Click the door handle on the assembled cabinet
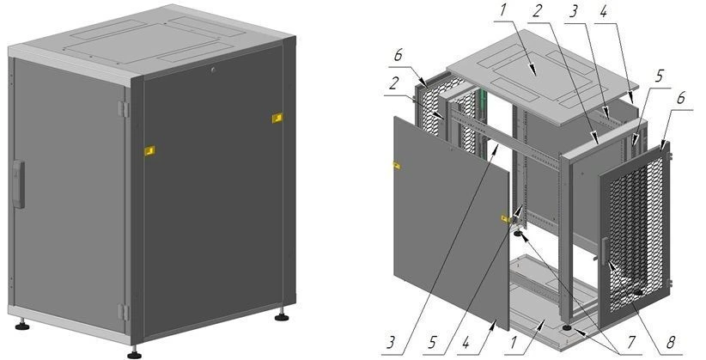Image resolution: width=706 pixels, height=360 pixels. (x=18, y=184)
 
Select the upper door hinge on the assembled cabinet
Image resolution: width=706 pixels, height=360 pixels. (x=123, y=109)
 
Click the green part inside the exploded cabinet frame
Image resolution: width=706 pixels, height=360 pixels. (x=484, y=100)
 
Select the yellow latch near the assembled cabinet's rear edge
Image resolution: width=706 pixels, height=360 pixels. (x=277, y=118)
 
